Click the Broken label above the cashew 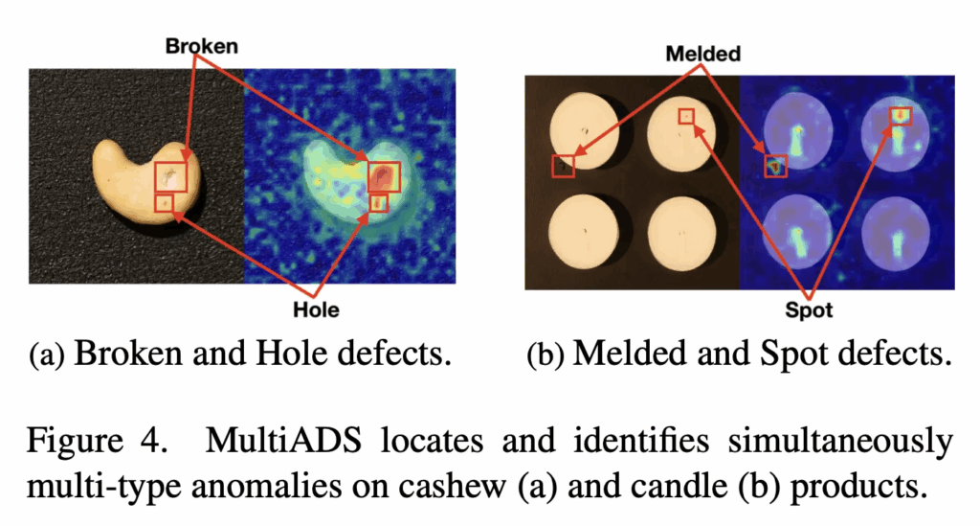(x=201, y=46)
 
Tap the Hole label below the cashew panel (x=316, y=309)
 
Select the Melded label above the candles (x=703, y=54)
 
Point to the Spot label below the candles (x=809, y=310)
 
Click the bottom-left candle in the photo (x=583, y=230)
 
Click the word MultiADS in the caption (x=283, y=441)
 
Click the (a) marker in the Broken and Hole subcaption (x=47, y=354)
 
